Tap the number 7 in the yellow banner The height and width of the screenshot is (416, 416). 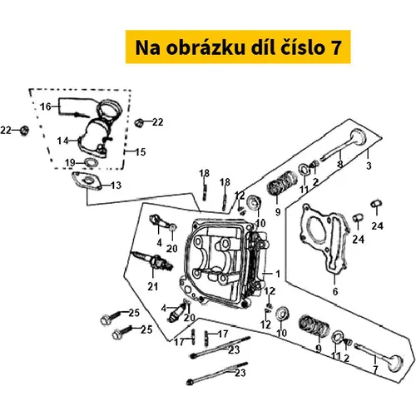pyautogui.click(x=336, y=47)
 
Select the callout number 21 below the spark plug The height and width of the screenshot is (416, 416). pyautogui.click(x=153, y=286)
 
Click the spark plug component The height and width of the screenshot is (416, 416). pyautogui.click(x=153, y=260)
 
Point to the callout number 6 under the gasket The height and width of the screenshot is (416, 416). pyautogui.click(x=335, y=291)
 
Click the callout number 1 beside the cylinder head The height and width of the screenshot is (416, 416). pyautogui.click(x=278, y=274)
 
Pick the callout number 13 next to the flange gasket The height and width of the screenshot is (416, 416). pyautogui.click(x=116, y=186)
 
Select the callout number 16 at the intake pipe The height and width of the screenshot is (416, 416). pyautogui.click(x=46, y=106)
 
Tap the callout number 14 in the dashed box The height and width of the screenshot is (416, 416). pyautogui.click(x=62, y=141)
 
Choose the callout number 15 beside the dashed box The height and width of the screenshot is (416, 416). pyautogui.click(x=141, y=152)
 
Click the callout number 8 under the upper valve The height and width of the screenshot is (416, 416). pyautogui.click(x=340, y=164)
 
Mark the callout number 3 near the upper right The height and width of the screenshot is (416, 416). pyautogui.click(x=369, y=166)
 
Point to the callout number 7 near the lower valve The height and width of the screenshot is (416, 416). pyautogui.click(x=375, y=369)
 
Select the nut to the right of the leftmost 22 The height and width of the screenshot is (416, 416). pyautogui.click(x=25, y=131)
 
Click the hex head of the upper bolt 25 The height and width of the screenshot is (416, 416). pyautogui.click(x=105, y=320)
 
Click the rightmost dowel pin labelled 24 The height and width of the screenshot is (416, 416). pyautogui.click(x=377, y=204)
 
